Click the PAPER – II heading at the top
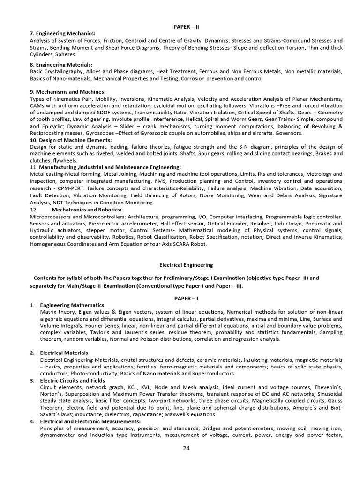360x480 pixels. [187, 27]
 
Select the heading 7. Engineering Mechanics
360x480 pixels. [62, 33]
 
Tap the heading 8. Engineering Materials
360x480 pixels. [61, 65]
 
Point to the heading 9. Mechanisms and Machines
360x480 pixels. [67, 92]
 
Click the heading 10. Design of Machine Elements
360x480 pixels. [71, 140]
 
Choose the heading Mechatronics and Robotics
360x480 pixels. [87, 210]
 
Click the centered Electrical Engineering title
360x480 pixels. [186, 265]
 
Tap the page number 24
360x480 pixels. [187, 448]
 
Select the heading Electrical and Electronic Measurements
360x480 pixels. [90, 421]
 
